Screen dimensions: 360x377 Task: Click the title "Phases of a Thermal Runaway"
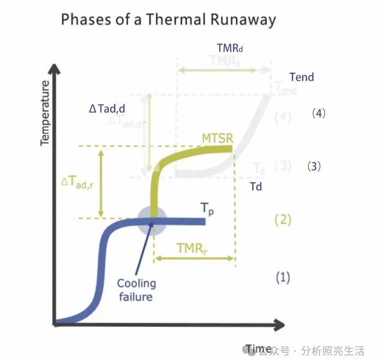tap(168, 20)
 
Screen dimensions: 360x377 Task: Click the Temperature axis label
tap(44, 113)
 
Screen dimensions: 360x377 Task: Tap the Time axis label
tap(259, 349)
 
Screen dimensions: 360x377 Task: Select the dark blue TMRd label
tap(232, 48)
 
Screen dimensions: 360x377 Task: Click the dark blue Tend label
tap(302, 77)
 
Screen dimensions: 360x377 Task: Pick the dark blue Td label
tap(256, 186)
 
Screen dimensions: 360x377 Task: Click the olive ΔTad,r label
tap(77, 182)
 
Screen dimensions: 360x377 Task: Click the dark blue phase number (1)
tap(283, 277)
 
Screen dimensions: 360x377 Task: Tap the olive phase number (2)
tap(283, 220)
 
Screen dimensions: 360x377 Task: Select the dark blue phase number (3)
tap(314, 167)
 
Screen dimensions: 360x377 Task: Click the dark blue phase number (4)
tap(318, 113)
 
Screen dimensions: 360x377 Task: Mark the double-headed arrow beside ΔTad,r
tap(101, 183)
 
